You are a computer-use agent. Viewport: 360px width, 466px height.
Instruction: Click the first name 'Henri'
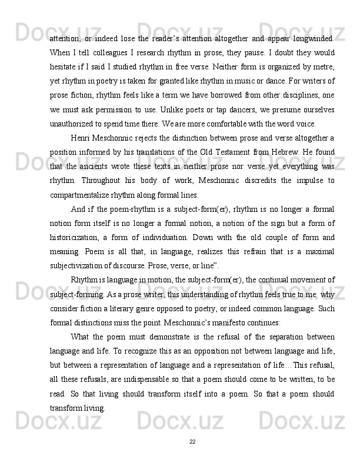(x=81, y=139)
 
